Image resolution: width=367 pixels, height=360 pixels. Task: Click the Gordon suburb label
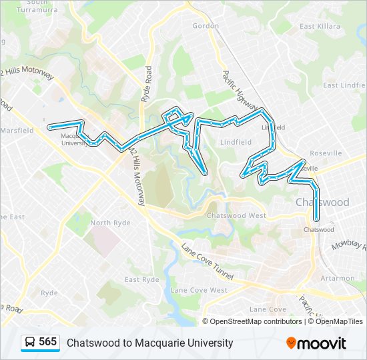(x=205, y=26)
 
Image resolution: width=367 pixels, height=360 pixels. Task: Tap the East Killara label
(x=316, y=27)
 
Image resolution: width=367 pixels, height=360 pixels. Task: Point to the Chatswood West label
(x=236, y=216)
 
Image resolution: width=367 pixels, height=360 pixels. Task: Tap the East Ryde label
(x=141, y=280)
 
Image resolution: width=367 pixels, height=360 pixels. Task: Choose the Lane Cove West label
(x=199, y=290)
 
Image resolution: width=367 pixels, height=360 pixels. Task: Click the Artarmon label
(x=338, y=278)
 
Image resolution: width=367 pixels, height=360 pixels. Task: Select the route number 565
(x=47, y=342)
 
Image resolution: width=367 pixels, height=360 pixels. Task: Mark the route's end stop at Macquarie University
(x=50, y=127)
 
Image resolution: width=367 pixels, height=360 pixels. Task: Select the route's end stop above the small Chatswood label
(x=316, y=219)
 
